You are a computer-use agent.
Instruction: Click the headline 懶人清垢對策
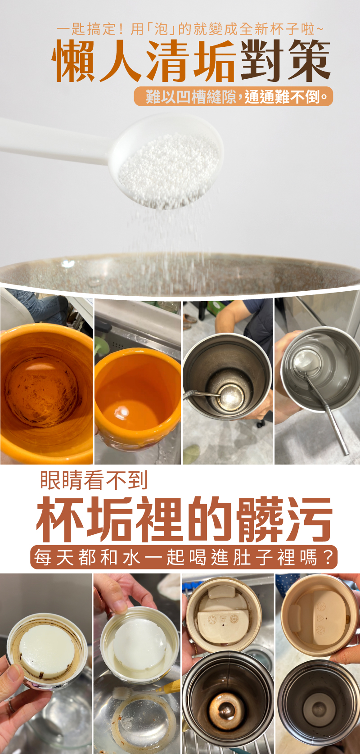pyautogui.click(x=191, y=61)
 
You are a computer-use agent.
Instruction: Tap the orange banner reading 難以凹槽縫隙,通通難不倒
pyautogui.click(x=234, y=97)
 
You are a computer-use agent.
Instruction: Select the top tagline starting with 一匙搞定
pyautogui.click(x=190, y=29)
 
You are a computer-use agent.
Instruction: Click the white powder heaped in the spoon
pyautogui.click(x=169, y=168)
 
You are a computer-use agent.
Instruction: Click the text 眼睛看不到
pyautogui.click(x=94, y=480)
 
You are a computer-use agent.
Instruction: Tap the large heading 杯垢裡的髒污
pyautogui.click(x=184, y=519)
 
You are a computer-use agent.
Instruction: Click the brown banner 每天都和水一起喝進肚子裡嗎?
pyautogui.click(x=184, y=557)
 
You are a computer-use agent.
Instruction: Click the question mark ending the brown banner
pyautogui.click(x=329, y=557)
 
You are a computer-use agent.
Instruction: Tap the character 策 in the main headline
pyautogui.click(x=310, y=61)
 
